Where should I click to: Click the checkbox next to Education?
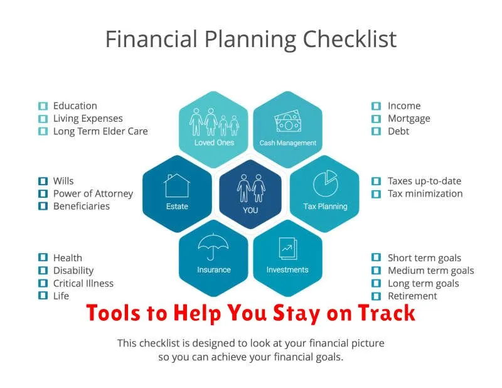pyautogui.click(x=43, y=106)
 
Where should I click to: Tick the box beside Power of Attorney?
pyautogui.click(x=43, y=193)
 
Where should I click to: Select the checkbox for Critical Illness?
pyautogui.click(x=43, y=283)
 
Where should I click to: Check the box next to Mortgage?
pyautogui.click(x=376, y=119)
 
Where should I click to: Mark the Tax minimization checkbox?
pyautogui.click(x=376, y=194)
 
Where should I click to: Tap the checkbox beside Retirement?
pyautogui.click(x=376, y=296)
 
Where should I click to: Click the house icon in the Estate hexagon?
pyautogui.click(x=177, y=186)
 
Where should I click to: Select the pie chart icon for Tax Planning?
pyautogui.click(x=325, y=183)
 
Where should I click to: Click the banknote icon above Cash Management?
pyautogui.click(x=288, y=121)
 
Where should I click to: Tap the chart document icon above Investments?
pyautogui.click(x=288, y=248)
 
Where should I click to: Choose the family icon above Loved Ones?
pyautogui.click(x=214, y=122)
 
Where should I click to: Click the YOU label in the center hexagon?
pyautogui.click(x=250, y=210)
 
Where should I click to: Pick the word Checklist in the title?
pyautogui.click(x=350, y=39)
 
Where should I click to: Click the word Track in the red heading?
pyautogui.click(x=387, y=313)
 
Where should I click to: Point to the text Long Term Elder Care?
pyautogui.click(x=100, y=131)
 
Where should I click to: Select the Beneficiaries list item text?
pyautogui.click(x=82, y=206)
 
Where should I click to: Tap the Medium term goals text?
pyautogui.click(x=431, y=271)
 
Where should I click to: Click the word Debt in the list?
pyautogui.click(x=398, y=131)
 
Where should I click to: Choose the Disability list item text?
pyautogui.click(x=73, y=271)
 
